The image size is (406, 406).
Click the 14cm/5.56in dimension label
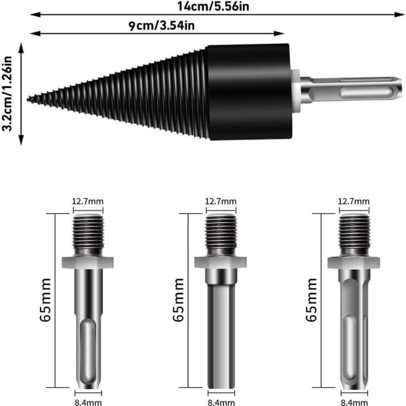tap(213, 6)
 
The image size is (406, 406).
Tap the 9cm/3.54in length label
tap(162, 26)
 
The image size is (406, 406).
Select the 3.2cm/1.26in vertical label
tap(7, 94)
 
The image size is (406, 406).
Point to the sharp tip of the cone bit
tap(28, 99)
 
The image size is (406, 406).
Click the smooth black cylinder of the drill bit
tap(250, 92)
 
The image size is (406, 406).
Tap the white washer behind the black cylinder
tap(296, 90)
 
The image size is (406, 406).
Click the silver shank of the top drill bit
tap(351, 90)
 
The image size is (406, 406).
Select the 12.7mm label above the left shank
tap(87, 201)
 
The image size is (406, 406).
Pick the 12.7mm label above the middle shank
tap(221, 201)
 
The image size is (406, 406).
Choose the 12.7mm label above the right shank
tap(354, 201)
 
